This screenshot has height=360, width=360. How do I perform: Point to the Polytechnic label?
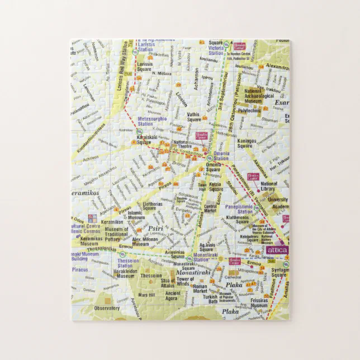click(250, 111)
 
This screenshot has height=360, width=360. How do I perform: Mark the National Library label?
click(268, 186)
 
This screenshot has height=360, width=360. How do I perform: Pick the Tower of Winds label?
click(185, 281)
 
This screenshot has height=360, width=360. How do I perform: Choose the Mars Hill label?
click(146, 294)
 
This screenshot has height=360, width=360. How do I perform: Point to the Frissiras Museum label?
click(258, 303)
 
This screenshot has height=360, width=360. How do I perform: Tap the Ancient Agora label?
click(173, 296)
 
